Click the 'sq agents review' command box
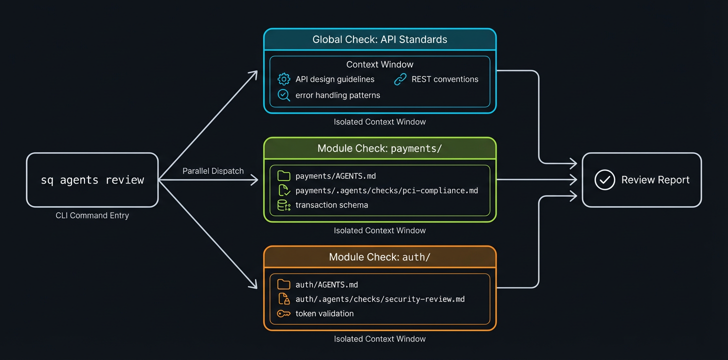click(92, 180)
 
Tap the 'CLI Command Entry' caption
click(92, 215)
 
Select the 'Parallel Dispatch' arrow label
click(213, 171)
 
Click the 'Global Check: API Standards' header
click(380, 39)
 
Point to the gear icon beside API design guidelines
click(283, 79)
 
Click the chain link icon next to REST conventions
click(400, 79)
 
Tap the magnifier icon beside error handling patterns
click(283, 95)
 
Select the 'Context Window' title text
click(380, 64)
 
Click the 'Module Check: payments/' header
click(380, 148)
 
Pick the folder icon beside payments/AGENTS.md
click(283, 175)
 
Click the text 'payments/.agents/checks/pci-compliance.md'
click(386, 190)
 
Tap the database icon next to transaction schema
click(283, 205)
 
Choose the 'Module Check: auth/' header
click(380, 257)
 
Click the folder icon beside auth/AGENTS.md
click(283, 284)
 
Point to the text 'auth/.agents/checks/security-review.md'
click(380, 299)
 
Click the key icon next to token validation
click(283, 313)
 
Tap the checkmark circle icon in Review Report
click(604, 180)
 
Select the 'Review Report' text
click(655, 180)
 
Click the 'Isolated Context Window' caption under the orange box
click(380, 339)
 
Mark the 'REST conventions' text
click(444, 79)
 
